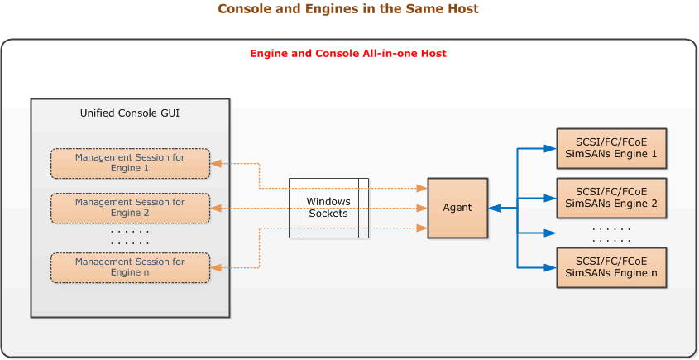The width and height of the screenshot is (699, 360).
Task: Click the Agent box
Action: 457,208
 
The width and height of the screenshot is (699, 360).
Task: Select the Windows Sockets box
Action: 328,208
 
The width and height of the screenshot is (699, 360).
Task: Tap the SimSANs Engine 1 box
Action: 611,149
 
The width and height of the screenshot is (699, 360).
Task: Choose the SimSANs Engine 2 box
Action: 611,198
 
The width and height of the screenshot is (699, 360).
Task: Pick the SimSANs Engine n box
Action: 611,266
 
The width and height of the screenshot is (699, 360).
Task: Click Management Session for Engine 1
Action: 130,163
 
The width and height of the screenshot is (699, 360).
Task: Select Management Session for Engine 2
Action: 130,208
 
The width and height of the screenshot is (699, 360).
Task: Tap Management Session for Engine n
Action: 130,266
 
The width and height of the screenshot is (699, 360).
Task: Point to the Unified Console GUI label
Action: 130,113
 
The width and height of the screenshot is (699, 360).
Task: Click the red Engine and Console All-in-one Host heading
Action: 348,54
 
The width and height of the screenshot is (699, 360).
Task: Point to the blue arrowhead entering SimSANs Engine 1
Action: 549,149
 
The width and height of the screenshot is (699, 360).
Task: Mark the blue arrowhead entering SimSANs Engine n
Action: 549,266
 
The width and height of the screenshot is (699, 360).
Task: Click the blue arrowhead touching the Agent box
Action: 495,209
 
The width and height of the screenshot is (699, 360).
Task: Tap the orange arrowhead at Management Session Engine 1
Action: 217,164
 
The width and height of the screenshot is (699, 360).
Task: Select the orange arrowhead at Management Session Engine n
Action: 217,266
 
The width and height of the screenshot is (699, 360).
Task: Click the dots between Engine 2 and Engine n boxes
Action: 611,233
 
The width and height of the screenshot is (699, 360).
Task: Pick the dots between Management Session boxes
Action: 130,238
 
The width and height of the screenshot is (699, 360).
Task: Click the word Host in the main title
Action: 462,9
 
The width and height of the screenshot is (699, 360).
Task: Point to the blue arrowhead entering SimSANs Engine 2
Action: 549,198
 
